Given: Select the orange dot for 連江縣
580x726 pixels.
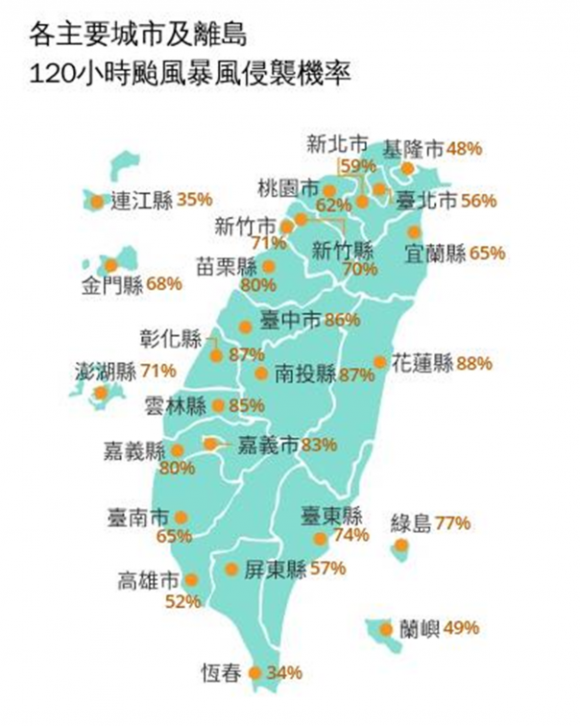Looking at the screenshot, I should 97,202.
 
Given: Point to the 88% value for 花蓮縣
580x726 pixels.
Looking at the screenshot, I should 475,363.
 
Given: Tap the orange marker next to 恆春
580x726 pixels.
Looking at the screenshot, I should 254,672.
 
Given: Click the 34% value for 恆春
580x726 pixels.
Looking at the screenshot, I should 285,672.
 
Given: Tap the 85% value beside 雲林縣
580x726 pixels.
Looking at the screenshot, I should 247,405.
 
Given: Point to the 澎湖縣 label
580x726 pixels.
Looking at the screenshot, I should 106,370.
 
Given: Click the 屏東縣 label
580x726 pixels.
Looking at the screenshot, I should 275,568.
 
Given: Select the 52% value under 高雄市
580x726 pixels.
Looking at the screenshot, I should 183,602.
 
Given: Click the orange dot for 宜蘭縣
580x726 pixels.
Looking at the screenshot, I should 414,232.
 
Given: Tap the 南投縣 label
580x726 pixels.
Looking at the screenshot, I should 305,374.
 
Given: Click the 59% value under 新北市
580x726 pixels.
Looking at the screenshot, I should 359,166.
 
